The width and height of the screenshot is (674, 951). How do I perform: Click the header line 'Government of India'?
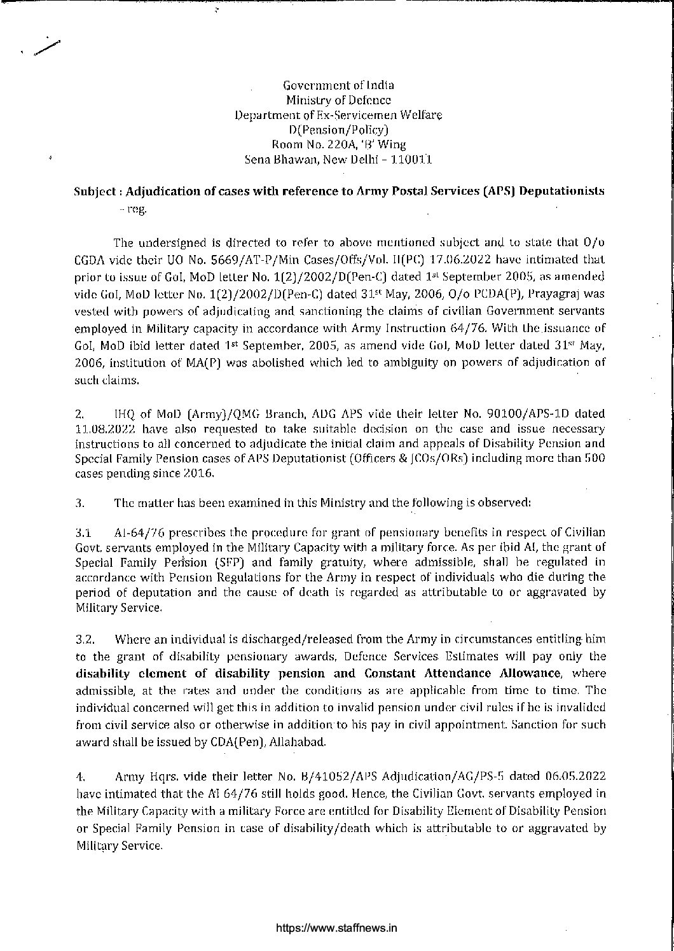tap(338, 85)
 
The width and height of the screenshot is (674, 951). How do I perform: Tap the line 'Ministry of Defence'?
tap(338, 100)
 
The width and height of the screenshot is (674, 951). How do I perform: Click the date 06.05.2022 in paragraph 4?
tap(576, 777)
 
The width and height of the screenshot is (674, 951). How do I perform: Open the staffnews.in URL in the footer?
tap(337, 928)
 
